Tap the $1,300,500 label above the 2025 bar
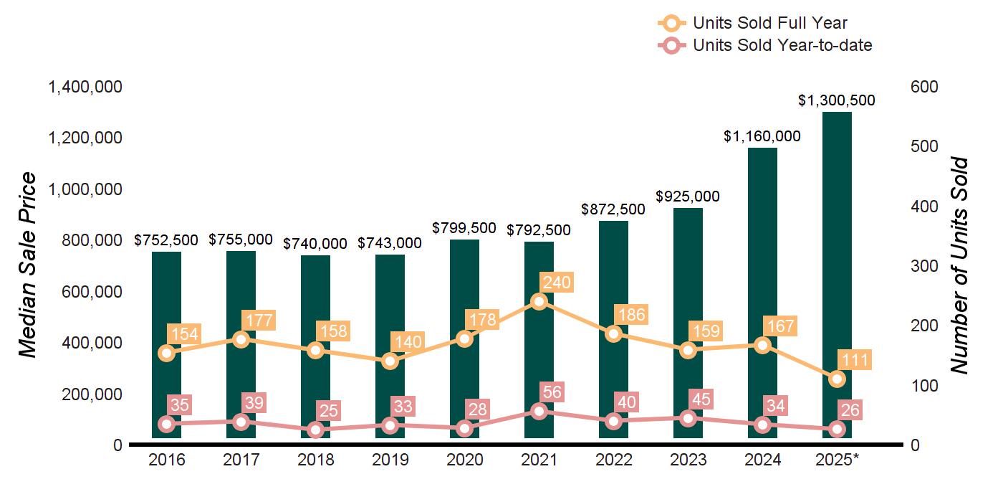pos(837,101)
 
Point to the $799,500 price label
pos(464,228)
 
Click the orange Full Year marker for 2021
pos(539,301)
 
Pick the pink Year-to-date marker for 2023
pos(688,418)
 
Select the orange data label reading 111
pos(855,360)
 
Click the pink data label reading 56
pos(553,392)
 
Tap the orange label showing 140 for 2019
pos(408,341)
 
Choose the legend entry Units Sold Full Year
pos(770,24)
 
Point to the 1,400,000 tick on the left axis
pos(85,87)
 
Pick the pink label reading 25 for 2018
pos(330,411)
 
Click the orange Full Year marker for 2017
pos(241,339)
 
